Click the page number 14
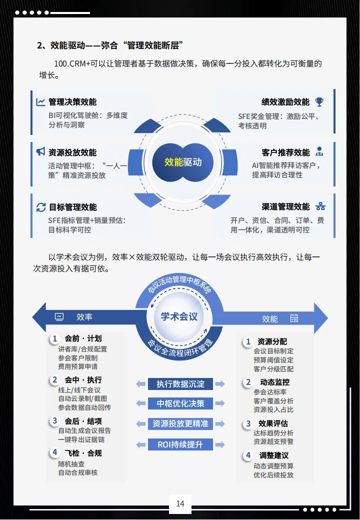tap(180, 503)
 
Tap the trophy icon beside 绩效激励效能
tap(319, 102)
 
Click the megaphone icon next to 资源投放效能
tap(40, 152)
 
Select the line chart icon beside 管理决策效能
tap(40, 102)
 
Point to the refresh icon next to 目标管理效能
tap(40, 207)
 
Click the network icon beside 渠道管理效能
tap(320, 206)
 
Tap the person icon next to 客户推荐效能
tap(319, 152)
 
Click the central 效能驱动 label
tap(183, 162)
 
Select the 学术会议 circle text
tap(179, 316)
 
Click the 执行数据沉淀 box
tap(180, 384)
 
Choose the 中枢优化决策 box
tap(180, 403)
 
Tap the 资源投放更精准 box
tap(180, 423)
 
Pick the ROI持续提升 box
tap(180, 444)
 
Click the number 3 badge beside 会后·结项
tap(55, 421)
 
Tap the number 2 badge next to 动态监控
tap(248, 382)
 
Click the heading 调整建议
tap(274, 455)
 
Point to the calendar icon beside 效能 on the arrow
tap(294, 318)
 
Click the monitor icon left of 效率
tap(59, 316)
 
